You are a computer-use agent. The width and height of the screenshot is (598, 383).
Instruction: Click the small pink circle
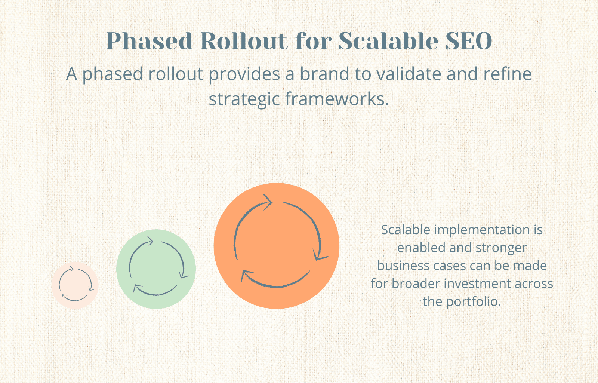pos(75,285)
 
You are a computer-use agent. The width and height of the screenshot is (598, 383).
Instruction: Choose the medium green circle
pos(156,269)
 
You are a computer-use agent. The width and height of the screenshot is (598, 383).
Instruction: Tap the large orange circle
pos(276,246)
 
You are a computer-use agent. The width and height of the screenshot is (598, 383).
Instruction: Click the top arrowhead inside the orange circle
pos(268,202)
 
